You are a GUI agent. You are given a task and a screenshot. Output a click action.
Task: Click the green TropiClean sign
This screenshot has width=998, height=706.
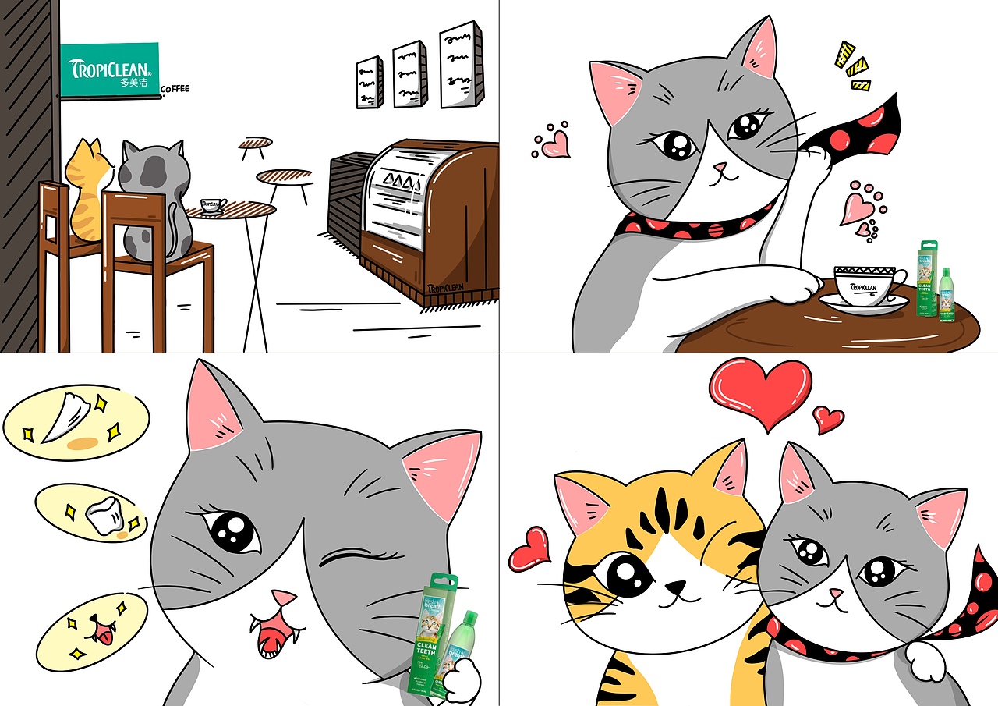(x=110, y=70)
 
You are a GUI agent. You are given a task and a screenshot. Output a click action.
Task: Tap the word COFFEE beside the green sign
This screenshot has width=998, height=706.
(x=175, y=90)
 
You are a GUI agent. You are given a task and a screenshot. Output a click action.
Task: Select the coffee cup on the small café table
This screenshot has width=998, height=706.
(x=212, y=206)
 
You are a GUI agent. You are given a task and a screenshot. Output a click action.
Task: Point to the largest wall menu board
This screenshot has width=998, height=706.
(x=461, y=65)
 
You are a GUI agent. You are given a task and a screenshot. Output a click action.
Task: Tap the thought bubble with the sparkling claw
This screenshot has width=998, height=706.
(x=76, y=420)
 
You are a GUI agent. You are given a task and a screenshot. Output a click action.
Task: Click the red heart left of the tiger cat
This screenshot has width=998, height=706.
(x=529, y=548)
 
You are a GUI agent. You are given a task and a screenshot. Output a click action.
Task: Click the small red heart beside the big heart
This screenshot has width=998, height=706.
(x=827, y=419)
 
